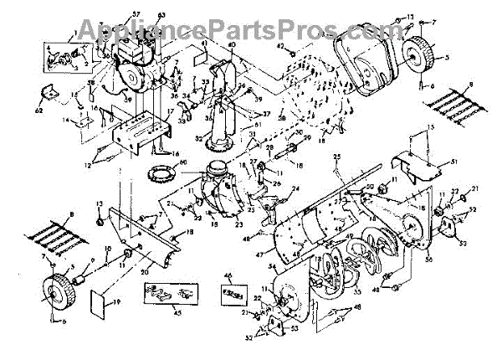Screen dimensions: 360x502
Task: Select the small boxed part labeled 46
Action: [233, 296]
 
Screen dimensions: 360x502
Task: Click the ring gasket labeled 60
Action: [161, 177]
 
